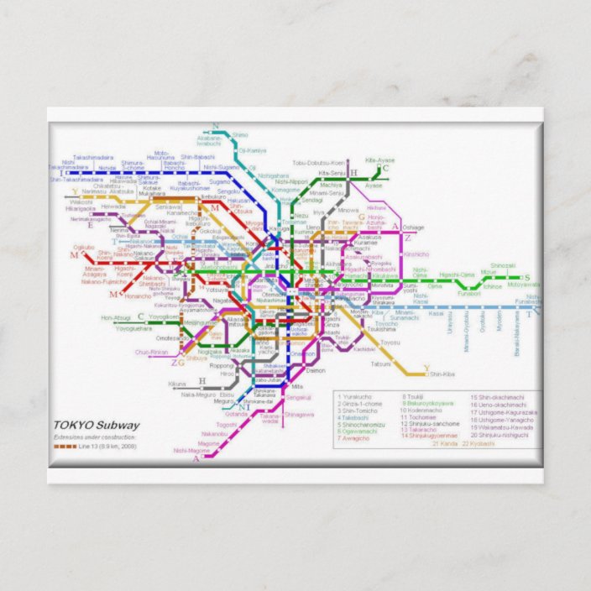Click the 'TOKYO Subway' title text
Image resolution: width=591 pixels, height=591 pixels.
tap(97, 425)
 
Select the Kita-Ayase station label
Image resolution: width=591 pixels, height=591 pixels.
tap(380, 160)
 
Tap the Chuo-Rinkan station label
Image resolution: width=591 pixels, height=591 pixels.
tap(154, 353)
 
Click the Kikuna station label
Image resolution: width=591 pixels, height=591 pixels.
tap(177, 384)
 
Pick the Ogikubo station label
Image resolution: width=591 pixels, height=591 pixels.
tap(84, 247)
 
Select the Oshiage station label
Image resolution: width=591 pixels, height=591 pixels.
tap(414, 228)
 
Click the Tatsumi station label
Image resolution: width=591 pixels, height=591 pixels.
tap(380, 363)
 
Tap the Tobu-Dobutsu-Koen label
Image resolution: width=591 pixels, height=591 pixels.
tap(319, 162)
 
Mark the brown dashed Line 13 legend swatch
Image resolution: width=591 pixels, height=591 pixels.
tap(65, 447)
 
